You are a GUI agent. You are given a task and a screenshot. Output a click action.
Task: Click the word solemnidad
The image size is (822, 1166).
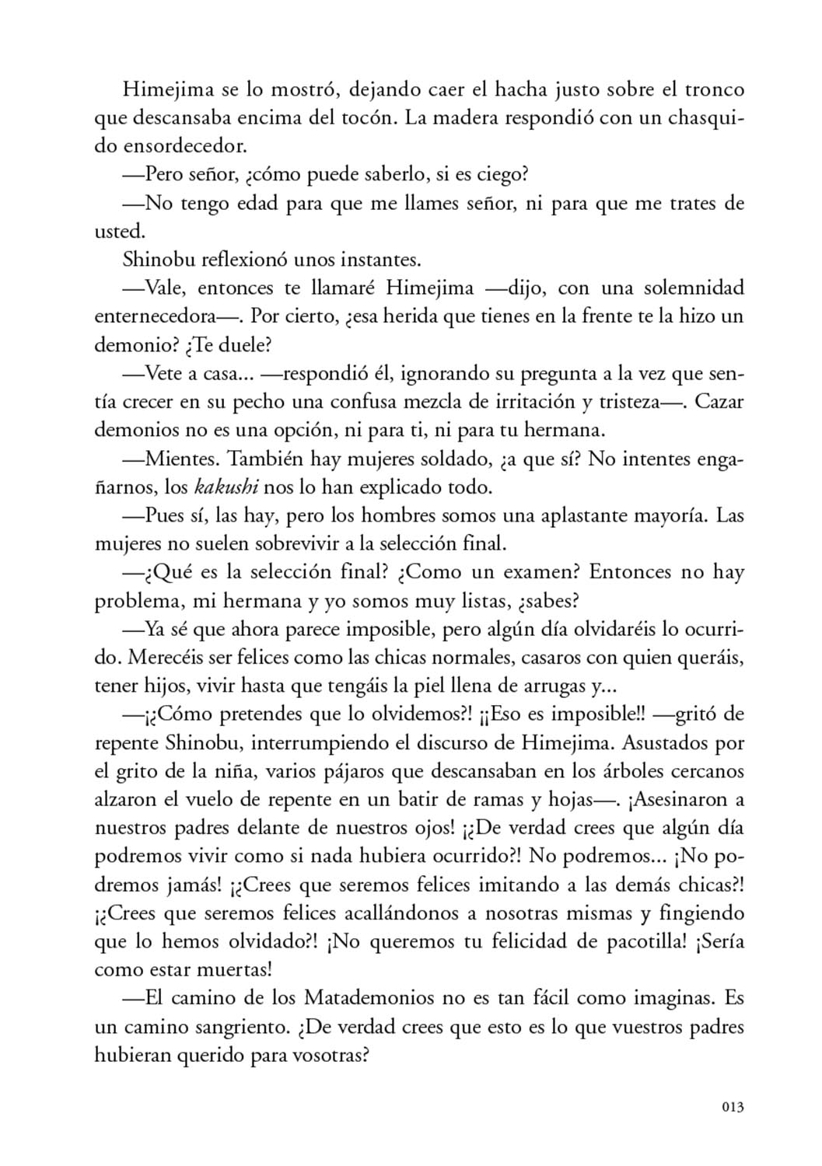(694, 288)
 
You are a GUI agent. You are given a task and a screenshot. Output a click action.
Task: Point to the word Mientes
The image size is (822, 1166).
(183, 459)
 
